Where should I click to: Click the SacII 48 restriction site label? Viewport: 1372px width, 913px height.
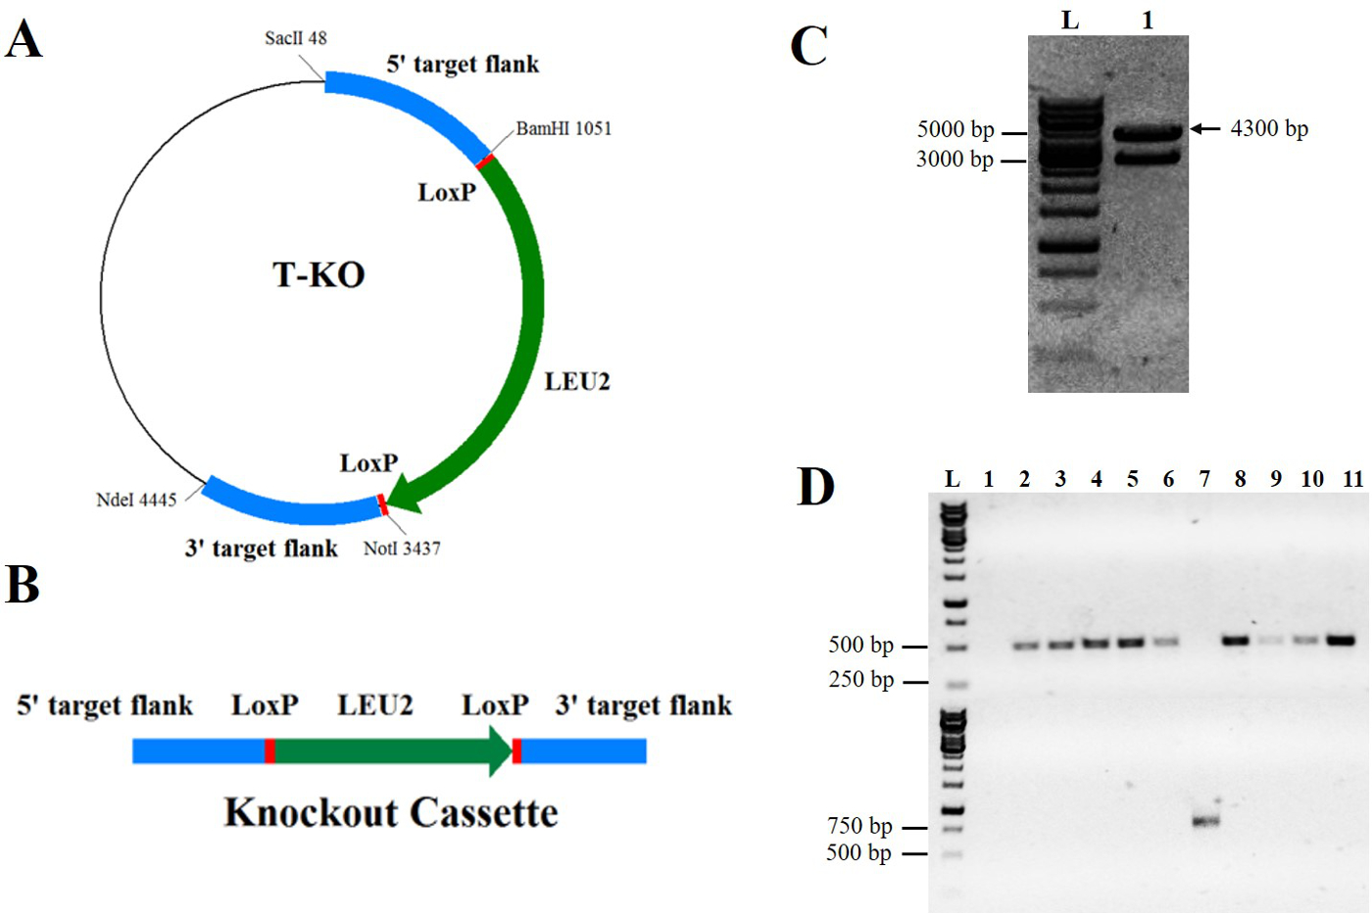tap(295, 38)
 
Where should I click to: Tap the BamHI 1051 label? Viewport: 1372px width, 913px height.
tap(563, 128)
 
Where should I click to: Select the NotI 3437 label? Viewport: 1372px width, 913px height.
tap(402, 549)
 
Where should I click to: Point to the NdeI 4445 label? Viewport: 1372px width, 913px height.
tap(136, 500)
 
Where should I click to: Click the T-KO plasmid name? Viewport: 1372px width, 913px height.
tap(318, 275)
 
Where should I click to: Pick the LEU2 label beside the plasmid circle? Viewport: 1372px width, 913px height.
tap(577, 382)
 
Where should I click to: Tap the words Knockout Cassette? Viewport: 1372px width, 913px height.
tap(391, 813)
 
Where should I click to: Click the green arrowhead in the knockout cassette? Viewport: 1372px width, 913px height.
tap(500, 751)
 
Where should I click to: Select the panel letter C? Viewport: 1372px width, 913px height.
tap(808, 46)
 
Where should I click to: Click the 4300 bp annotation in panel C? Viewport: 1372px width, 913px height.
tap(1269, 128)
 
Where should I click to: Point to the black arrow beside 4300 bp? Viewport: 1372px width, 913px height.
tap(1205, 128)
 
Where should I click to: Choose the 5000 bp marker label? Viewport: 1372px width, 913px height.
tap(955, 130)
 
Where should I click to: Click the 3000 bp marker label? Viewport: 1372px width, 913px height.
tap(955, 160)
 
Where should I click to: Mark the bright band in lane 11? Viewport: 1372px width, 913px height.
tap(1341, 641)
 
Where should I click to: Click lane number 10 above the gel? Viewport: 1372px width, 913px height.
tap(1312, 479)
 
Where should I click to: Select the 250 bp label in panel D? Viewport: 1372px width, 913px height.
tap(861, 680)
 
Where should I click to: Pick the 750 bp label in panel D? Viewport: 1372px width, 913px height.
tap(859, 827)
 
